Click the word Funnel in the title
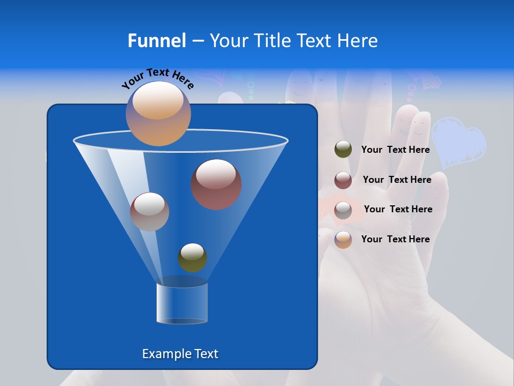156,41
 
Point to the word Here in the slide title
357,41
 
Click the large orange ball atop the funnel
158,113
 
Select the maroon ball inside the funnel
216,184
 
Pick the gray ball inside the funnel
149,212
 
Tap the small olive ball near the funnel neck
192,258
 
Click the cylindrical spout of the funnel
182,303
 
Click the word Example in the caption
167,354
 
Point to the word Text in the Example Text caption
206,354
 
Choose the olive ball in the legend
343,150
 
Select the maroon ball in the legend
343,180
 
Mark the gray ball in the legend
343,210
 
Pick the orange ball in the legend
343,240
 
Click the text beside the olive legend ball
395,150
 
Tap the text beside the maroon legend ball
397,180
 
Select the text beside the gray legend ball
398,209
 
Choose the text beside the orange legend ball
395,239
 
